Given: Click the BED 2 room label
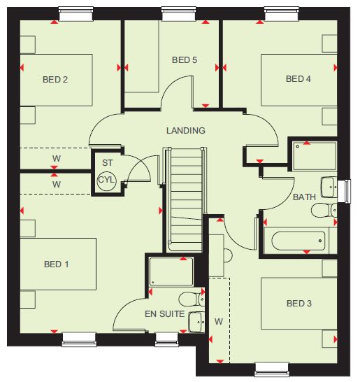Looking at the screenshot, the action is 55,80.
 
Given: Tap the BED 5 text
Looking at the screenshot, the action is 185,60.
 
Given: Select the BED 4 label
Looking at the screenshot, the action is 298,78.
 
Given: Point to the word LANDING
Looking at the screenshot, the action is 186,131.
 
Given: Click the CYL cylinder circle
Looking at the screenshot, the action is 107,181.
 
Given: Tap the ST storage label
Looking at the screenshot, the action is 108,163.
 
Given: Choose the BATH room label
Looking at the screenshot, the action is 304,197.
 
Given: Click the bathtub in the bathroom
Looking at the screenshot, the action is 298,241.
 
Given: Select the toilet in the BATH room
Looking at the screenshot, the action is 324,211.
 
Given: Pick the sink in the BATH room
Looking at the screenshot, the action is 329,187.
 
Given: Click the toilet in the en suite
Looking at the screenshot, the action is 192,299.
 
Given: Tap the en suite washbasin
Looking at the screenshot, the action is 196,322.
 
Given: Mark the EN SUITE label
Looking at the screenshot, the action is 164,313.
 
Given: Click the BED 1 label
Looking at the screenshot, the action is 56,264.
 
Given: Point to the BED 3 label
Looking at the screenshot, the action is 299,304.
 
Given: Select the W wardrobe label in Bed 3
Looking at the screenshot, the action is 219,322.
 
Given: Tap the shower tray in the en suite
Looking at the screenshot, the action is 171,271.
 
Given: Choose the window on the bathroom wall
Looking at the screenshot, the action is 348,191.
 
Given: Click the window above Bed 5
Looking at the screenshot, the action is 179,14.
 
